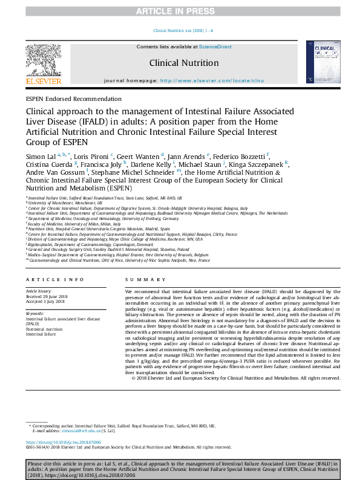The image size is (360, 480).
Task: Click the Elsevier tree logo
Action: tap(43, 61)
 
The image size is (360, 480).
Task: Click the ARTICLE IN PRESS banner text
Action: tap(180, 11)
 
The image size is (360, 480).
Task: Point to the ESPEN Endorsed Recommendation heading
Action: tap(73, 98)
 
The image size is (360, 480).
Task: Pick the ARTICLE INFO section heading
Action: tap(56, 279)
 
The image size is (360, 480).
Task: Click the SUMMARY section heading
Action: tap(144, 279)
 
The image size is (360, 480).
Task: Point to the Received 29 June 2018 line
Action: tap(47, 297)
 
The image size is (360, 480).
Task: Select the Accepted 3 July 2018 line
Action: tap(45, 301)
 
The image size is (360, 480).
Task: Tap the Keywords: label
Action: tap(35, 314)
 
